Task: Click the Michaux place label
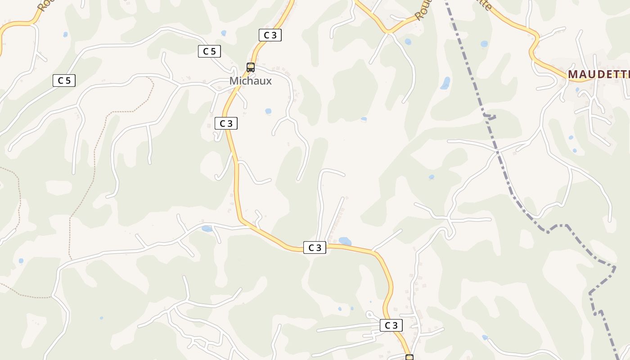pyautogui.click(x=250, y=81)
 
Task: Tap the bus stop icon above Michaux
pyautogui.click(x=251, y=67)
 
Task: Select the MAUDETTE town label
pyautogui.click(x=598, y=74)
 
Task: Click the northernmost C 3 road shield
pyautogui.click(x=270, y=35)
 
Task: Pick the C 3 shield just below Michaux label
pyautogui.click(x=226, y=123)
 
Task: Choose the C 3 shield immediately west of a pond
pyautogui.click(x=315, y=247)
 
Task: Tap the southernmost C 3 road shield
pyautogui.click(x=391, y=325)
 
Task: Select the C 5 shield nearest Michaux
pyautogui.click(x=209, y=51)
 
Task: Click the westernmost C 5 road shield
pyautogui.click(x=64, y=81)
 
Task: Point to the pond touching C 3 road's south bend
pyautogui.click(x=345, y=241)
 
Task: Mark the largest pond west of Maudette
pyautogui.click(x=445, y=83)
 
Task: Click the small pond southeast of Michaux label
pyautogui.click(x=268, y=111)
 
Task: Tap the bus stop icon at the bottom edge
pyautogui.click(x=409, y=357)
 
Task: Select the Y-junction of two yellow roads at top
pyautogui.click(x=388, y=32)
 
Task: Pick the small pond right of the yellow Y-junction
pyautogui.click(x=408, y=42)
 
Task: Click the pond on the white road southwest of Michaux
pyautogui.click(x=207, y=229)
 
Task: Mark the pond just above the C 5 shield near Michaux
pyautogui.click(x=224, y=33)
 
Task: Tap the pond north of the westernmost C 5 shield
pyautogui.click(x=66, y=34)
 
